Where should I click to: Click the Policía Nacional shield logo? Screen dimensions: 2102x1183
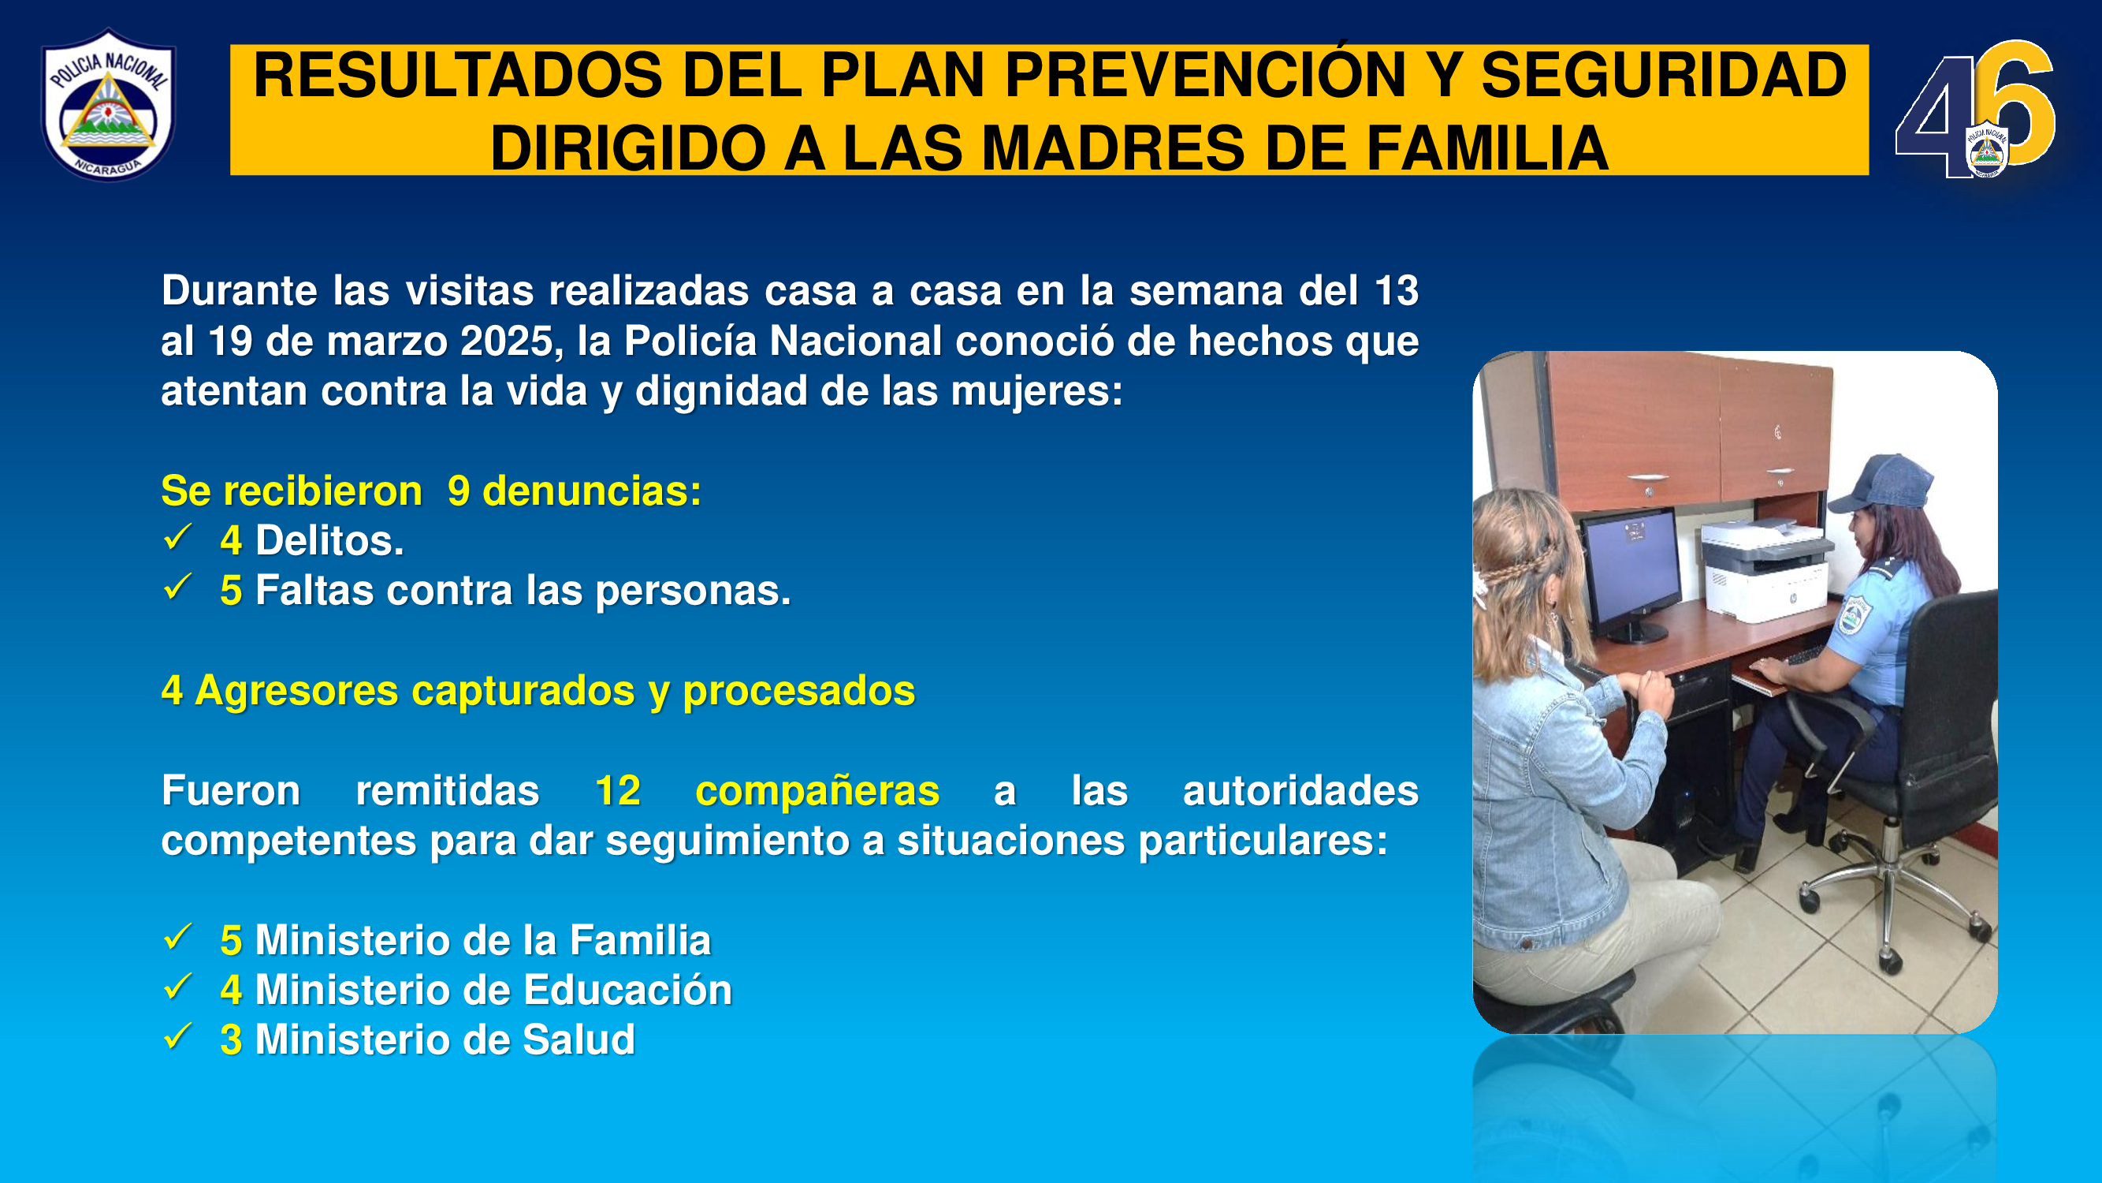(x=109, y=105)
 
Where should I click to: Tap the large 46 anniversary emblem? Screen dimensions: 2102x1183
(x=1974, y=110)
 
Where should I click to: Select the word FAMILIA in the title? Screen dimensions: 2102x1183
(x=1486, y=148)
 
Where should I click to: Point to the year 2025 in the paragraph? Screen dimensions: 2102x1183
(x=508, y=341)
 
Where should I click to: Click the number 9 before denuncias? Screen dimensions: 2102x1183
(x=459, y=491)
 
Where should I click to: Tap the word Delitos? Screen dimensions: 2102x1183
(x=329, y=540)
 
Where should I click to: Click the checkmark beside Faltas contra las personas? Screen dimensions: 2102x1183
(x=177, y=587)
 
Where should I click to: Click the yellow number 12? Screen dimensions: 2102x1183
(x=618, y=790)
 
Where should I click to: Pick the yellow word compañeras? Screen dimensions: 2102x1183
(x=817, y=792)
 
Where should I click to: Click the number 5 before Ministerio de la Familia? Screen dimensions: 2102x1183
(x=231, y=941)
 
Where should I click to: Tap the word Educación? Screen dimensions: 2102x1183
(x=627, y=991)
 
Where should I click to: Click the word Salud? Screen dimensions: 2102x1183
(x=579, y=1040)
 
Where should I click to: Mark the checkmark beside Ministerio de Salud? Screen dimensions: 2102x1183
(x=177, y=1037)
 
